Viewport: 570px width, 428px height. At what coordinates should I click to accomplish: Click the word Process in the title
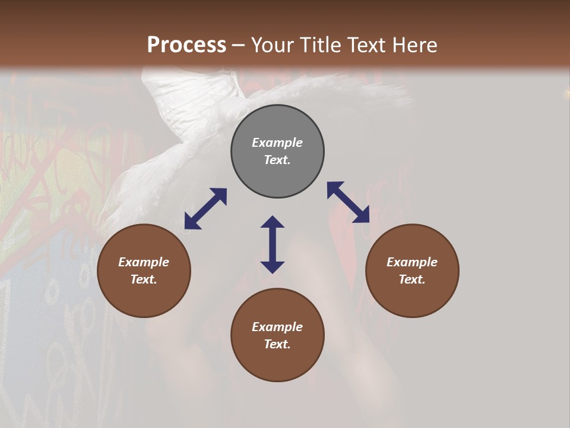click(x=186, y=45)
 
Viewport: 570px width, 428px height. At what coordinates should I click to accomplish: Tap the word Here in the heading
click(x=414, y=45)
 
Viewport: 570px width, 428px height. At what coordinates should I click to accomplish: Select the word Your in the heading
click(x=270, y=45)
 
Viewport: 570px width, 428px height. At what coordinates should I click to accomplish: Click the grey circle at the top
click(x=277, y=152)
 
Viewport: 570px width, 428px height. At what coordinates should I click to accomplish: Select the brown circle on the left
click(x=144, y=270)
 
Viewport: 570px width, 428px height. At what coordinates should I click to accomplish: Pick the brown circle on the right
click(x=412, y=270)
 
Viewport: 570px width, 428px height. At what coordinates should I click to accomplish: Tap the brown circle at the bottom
click(x=277, y=335)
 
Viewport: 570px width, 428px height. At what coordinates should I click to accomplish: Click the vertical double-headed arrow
click(x=273, y=244)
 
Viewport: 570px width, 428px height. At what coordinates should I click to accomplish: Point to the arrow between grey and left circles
click(x=205, y=209)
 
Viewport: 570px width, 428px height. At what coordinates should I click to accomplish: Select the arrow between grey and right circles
click(x=349, y=202)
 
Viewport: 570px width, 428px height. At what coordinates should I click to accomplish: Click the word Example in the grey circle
click(x=277, y=143)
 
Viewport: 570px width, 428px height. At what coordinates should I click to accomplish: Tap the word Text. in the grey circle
click(x=277, y=160)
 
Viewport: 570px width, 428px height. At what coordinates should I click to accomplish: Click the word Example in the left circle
click(x=144, y=262)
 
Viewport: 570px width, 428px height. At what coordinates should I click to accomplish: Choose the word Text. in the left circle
click(x=144, y=279)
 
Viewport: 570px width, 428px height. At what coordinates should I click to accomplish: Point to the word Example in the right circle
click(x=412, y=262)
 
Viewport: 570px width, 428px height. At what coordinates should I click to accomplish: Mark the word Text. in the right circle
click(x=412, y=279)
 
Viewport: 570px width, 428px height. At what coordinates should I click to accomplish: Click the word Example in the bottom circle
click(x=277, y=327)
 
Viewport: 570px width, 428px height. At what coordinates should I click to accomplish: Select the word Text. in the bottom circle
click(x=277, y=344)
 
